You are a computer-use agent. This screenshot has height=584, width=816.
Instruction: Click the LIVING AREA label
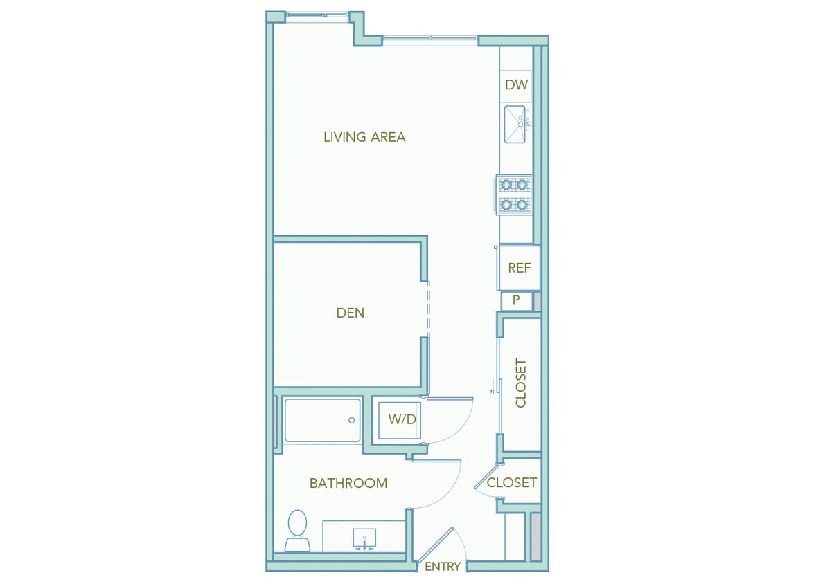(x=364, y=137)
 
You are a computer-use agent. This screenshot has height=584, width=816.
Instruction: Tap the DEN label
(x=350, y=313)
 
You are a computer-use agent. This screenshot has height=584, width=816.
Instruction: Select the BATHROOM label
(x=348, y=483)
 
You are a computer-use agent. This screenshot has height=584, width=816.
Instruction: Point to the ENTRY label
(x=442, y=567)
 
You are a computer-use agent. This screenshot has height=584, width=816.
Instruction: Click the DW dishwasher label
(x=516, y=86)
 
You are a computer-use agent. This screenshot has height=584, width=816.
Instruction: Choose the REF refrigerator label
(x=519, y=268)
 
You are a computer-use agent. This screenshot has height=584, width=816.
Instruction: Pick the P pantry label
(x=516, y=301)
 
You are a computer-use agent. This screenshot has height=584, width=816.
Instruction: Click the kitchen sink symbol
(x=515, y=125)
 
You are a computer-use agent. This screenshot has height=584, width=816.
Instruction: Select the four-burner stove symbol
(x=514, y=194)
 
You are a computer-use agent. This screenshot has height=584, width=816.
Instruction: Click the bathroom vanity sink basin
(x=364, y=538)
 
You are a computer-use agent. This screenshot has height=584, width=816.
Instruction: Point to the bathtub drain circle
(x=352, y=420)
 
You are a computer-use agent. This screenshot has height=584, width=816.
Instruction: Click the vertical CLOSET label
(x=521, y=383)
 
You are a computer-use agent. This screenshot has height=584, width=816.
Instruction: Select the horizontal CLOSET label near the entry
(x=511, y=482)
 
